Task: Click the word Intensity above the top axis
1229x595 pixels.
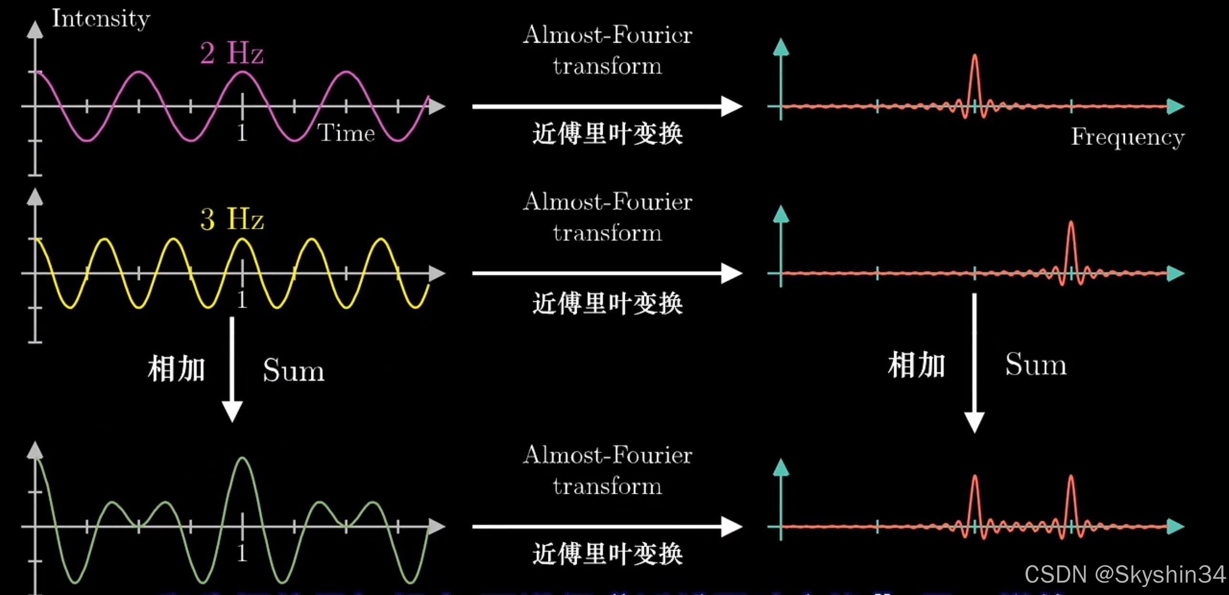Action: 101,19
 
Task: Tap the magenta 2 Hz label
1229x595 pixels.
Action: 232,53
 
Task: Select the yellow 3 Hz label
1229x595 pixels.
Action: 232,219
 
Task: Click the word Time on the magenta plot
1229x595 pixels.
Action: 346,133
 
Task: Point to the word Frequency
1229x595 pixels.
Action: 1128,138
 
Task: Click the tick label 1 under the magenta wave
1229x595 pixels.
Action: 242,133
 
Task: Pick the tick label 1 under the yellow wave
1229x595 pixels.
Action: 242,300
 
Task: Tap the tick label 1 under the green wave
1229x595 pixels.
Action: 242,553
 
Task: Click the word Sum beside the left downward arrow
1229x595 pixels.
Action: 293,371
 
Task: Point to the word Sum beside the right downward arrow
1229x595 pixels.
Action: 1036,365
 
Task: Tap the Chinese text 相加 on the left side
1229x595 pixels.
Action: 176,369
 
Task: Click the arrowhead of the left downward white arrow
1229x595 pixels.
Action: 232,412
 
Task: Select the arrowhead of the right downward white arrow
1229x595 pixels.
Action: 974,422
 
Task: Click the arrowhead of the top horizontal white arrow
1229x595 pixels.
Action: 731,106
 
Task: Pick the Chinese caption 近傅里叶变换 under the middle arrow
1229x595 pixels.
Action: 608,303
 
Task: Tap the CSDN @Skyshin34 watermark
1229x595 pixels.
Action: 1125,574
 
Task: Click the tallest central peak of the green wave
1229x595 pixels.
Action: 243,460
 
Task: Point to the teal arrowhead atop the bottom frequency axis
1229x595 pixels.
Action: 781,467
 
